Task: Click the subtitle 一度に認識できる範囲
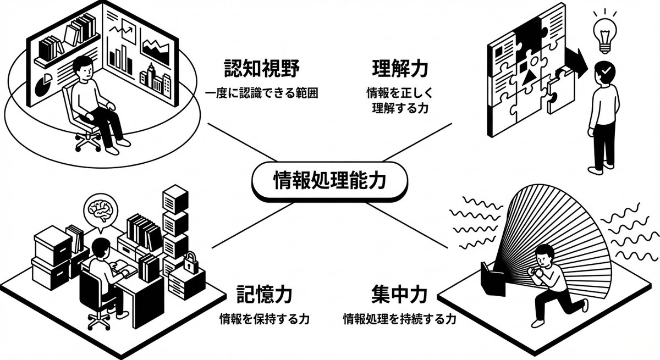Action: tap(262, 93)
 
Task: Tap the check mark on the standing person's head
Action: tap(605, 70)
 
